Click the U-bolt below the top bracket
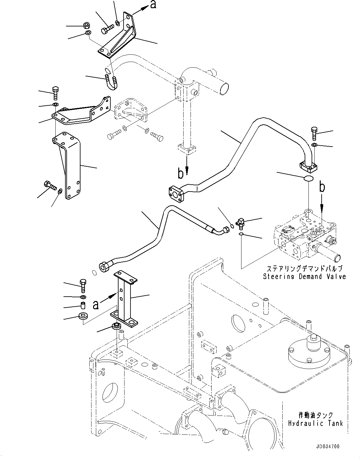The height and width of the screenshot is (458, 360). tap(111, 82)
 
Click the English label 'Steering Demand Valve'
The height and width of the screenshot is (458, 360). tap(304, 277)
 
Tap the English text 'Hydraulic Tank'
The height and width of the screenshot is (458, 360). tap(315, 423)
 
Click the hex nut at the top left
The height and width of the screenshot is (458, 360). tap(86, 25)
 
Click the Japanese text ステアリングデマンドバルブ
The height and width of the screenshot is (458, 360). tap(304, 269)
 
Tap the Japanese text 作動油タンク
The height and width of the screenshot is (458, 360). tap(315, 416)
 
